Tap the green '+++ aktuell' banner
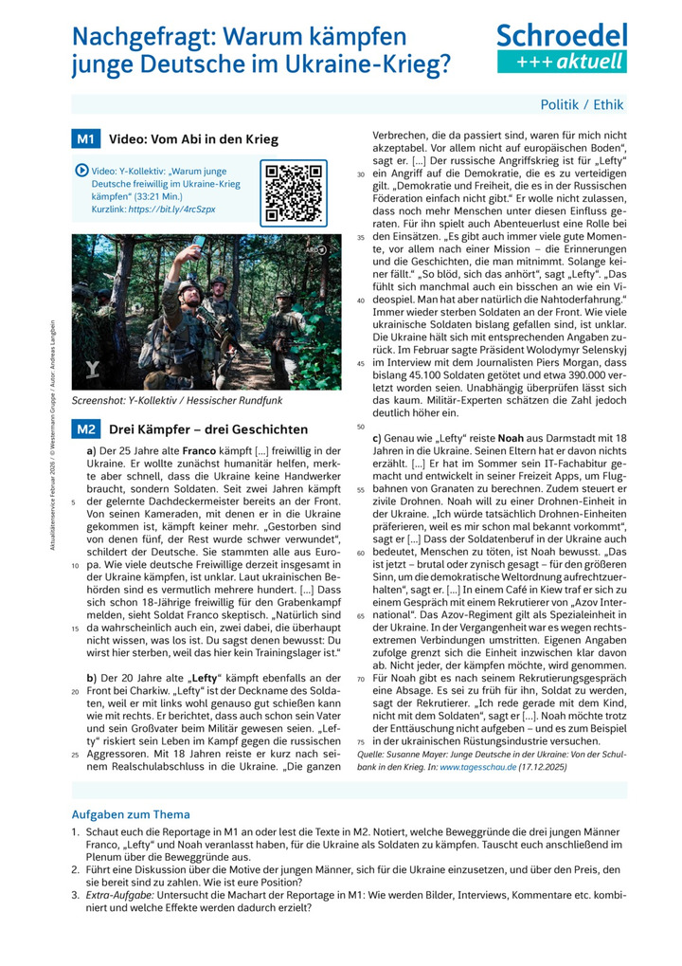[x=562, y=63]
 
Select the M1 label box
[x=85, y=139]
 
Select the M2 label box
[x=85, y=428]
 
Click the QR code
[x=294, y=192]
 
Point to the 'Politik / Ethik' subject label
[x=582, y=104]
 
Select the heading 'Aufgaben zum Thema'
[x=131, y=814]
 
